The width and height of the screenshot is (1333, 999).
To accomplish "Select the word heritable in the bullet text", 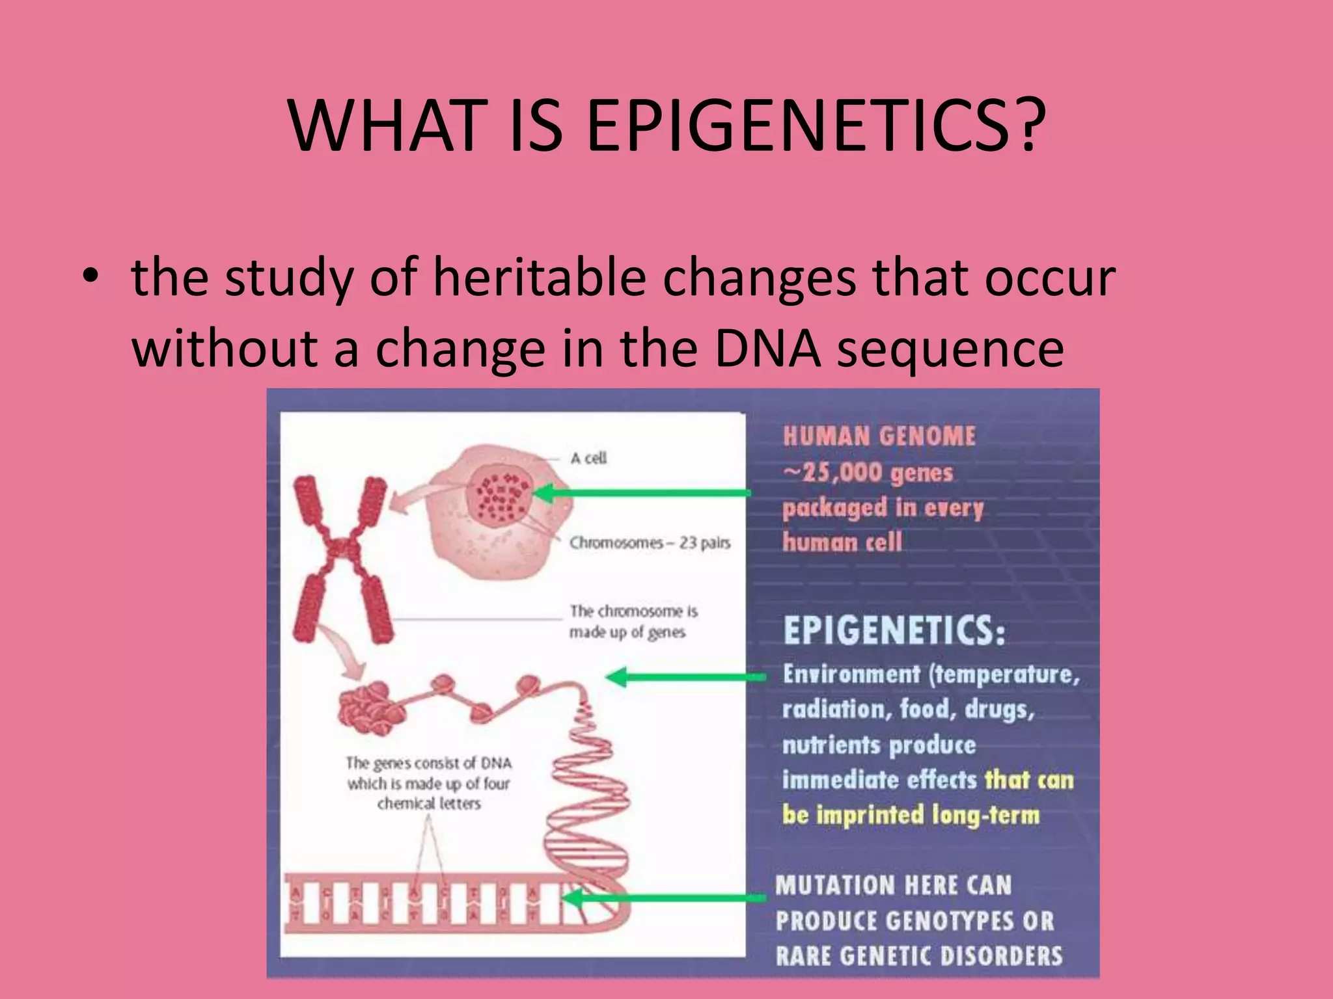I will pyautogui.click(x=540, y=278).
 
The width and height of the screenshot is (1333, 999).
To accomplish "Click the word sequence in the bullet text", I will pyautogui.click(x=950, y=350).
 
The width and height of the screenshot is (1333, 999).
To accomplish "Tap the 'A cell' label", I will pyautogui.click(x=588, y=459).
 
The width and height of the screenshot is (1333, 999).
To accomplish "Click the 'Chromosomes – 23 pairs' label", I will pyautogui.click(x=650, y=542).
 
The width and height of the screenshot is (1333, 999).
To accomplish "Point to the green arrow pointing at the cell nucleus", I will pyautogui.click(x=642, y=493).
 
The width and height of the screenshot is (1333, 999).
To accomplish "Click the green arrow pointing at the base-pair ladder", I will pyautogui.click(x=664, y=898).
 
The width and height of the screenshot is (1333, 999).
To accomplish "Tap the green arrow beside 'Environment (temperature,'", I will pyautogui.click(x=687, y=677).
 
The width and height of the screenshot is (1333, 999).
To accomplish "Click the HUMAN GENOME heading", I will pyautogui.click(x=879, y=436).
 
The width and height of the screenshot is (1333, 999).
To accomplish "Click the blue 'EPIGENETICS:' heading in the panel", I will pyautogui.click(x=894, y=630).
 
